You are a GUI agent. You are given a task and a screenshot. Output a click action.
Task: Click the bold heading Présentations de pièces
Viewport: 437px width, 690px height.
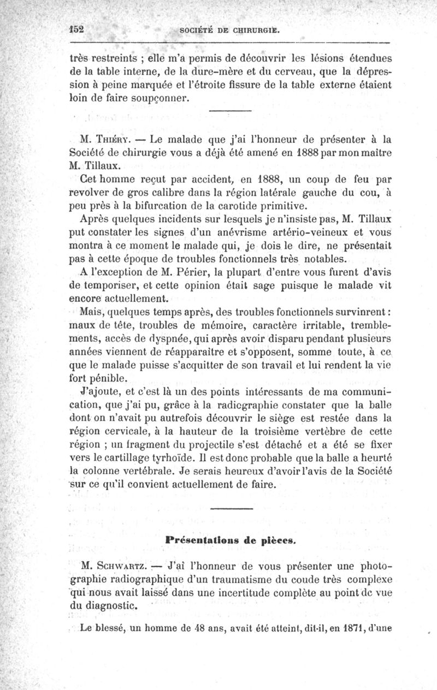pyautogui.click(x=231, y=540)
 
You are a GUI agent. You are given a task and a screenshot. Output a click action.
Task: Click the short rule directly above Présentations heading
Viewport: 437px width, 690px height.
pyautogui.click(x=231, y=509)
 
